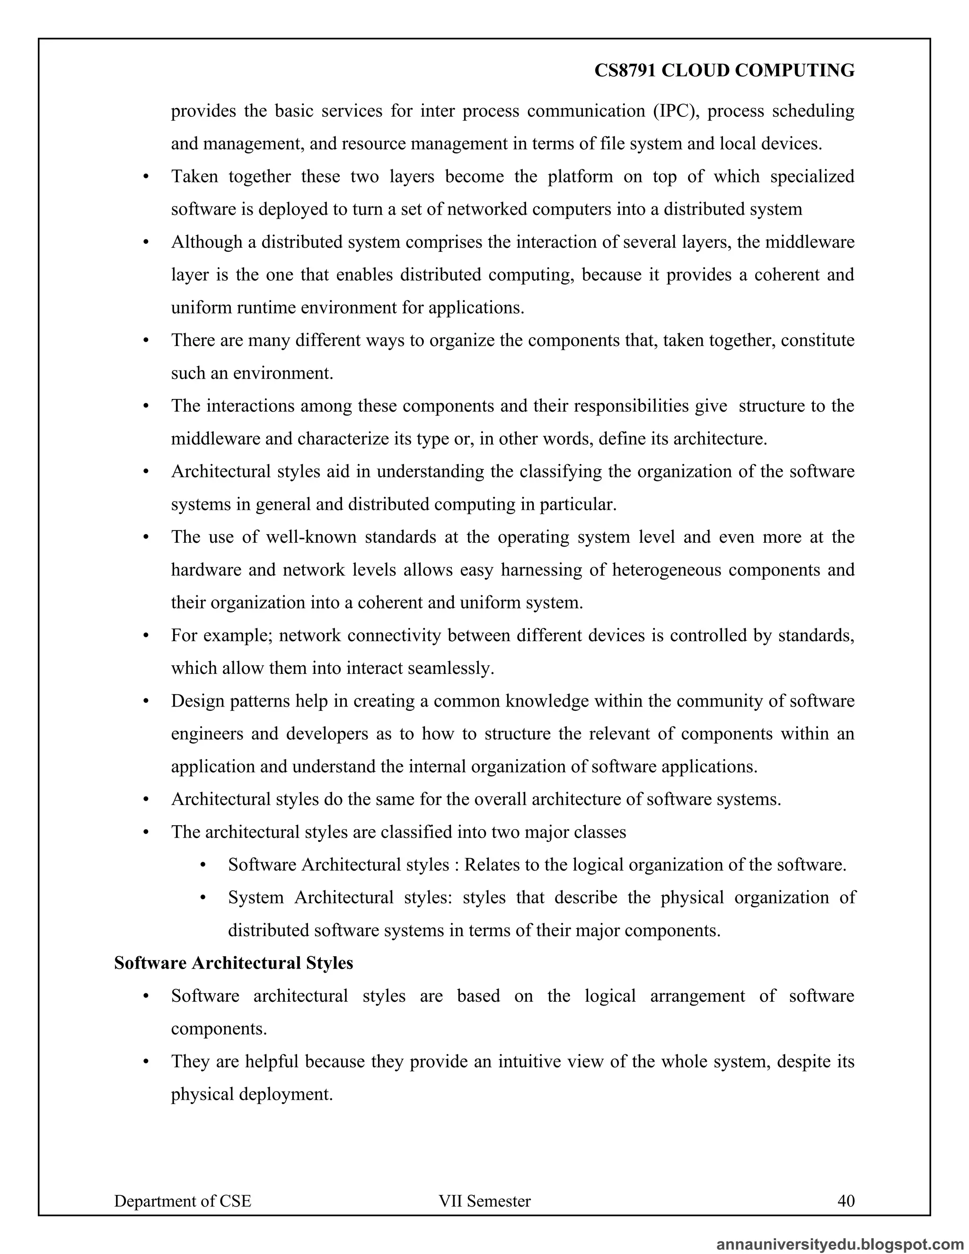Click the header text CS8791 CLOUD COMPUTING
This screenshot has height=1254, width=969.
(x=724, y=71)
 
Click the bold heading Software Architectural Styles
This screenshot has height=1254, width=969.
(x=233, y=963)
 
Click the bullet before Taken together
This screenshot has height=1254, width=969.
(x=146, y=177)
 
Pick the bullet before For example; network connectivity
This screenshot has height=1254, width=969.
(x=146, y=636)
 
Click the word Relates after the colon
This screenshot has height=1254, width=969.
(x=490, y=865)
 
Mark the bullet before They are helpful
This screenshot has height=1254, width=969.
(x=146, y=1062)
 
